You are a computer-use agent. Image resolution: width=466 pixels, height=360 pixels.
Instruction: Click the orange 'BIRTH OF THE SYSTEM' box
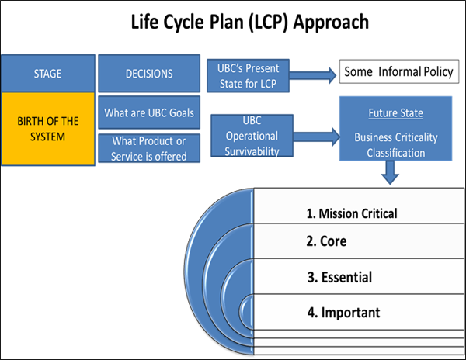coord(48,129)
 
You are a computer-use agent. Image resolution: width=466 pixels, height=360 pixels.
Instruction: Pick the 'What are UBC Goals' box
coord(149,113)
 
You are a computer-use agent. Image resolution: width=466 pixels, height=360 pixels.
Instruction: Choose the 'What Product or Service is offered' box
coord(149,148)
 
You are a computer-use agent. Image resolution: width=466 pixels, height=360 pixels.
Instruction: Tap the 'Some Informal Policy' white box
coord(397,74)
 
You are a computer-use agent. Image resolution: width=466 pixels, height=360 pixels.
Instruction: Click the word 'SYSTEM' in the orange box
coord(48,137)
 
